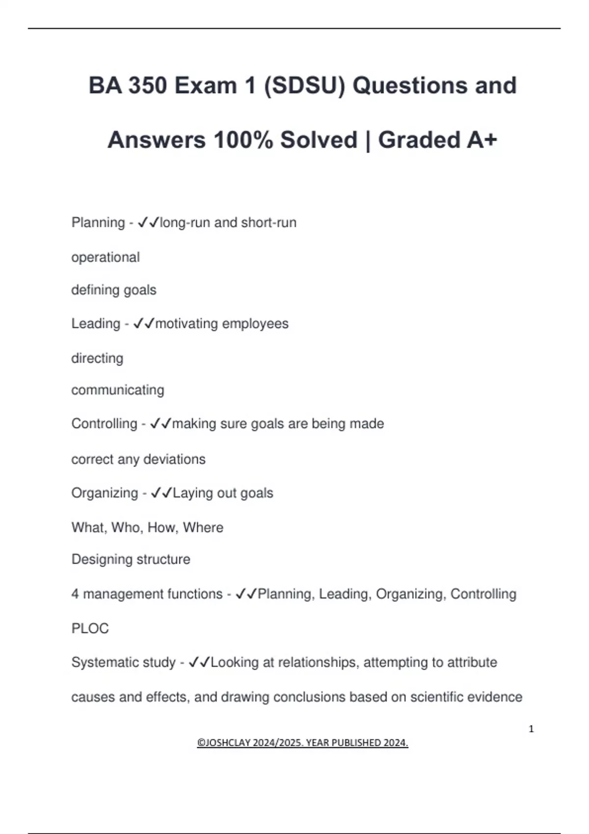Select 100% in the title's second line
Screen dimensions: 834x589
pos(243,140)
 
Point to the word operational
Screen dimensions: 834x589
pos(106,257)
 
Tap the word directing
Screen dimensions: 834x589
pos(97,358)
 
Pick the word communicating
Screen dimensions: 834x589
pos(118,390)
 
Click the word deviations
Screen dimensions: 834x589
pos(174,459)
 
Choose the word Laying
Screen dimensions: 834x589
pos(192,493)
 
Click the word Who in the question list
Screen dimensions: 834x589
pos(126,527)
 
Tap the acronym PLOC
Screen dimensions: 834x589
pos(90,628)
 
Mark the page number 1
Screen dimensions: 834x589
pos(531,729)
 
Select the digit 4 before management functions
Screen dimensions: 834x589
pos(75,594)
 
